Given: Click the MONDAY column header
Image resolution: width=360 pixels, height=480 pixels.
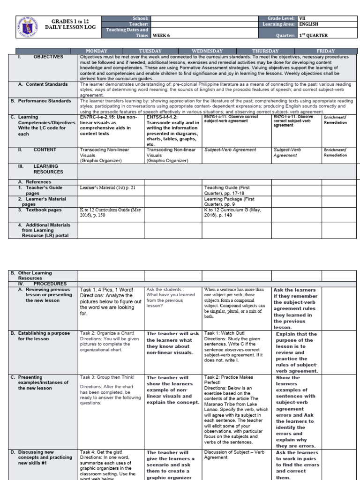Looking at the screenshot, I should pos(96,51).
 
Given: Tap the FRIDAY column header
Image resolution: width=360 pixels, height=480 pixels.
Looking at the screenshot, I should pos(325,51).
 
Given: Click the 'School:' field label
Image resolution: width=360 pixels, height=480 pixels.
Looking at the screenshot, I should pos(141,18).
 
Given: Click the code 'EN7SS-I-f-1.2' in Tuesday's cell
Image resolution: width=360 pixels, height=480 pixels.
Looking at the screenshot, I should pos(162,117).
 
